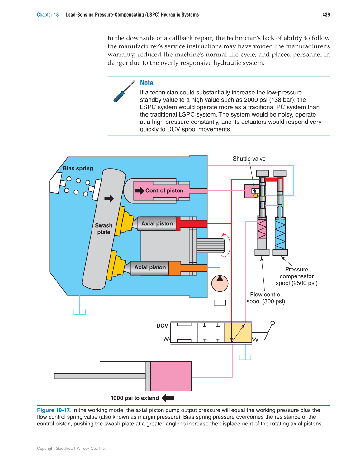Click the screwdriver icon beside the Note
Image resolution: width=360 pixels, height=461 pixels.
(x=124, y=91)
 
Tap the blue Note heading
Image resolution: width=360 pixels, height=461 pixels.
(x=146, y=83)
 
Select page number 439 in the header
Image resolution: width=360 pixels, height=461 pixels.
(x=326, y=15)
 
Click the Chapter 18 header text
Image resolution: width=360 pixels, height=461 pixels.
(x=48, y=15)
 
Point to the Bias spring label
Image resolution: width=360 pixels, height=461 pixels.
(x=78, y=168)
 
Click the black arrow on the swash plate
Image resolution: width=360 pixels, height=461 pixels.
(x=109, y=199)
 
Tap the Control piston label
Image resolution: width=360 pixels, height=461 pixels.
(x=164, y=190)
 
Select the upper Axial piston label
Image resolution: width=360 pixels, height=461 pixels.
(x=157, y=223)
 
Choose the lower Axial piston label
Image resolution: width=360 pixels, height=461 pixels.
(x=150, y=267)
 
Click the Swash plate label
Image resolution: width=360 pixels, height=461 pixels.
(x=104, y=229)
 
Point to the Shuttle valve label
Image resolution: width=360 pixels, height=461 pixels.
(x=249, y=159)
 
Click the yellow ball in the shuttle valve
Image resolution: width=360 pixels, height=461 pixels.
(x=256, y=195)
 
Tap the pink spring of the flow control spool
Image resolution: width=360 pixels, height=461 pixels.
(x=262, y=229)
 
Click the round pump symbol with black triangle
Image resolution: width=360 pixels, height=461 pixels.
(x=220, y=284)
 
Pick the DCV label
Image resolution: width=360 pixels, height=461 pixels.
(x=162, y=326)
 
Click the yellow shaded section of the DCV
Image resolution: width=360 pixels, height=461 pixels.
(x=238, y=333)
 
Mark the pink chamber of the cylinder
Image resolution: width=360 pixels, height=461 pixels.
(x=171, y=376)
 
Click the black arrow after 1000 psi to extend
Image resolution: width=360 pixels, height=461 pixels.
(x=168, y=398)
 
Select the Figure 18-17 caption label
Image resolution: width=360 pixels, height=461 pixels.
(x=54, y=410)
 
